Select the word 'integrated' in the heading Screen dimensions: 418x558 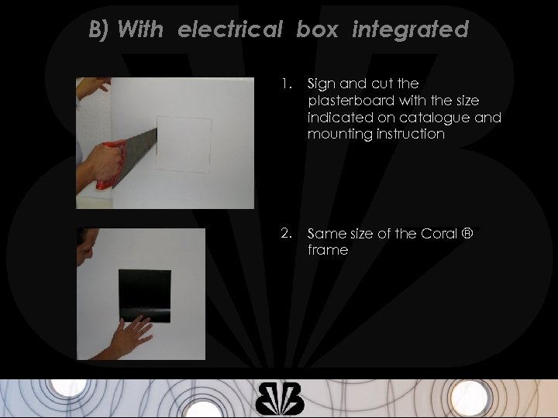(410, 30)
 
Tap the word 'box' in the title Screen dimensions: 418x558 (317, 30)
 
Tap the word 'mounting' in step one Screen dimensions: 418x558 (336, 134)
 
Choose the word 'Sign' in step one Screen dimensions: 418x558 (321, 84)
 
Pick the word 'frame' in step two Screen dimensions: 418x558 (328, 250)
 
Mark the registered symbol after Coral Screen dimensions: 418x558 (467, 233)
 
